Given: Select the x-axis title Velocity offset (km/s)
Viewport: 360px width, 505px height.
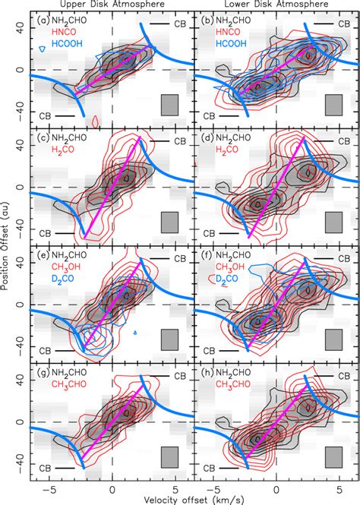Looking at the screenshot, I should tap(194, 497).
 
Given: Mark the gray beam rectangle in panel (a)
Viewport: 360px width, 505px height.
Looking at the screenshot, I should tap(169, 106).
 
